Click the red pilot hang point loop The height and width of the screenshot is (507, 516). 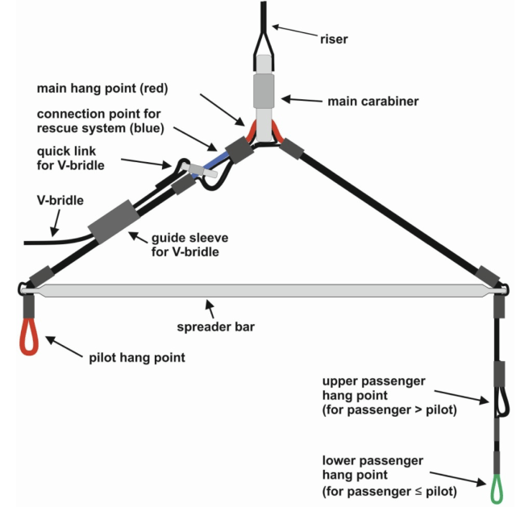[28, 338]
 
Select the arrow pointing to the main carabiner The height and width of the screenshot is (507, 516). [302, 100]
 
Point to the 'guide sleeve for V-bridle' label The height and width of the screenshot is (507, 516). [188, 244]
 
